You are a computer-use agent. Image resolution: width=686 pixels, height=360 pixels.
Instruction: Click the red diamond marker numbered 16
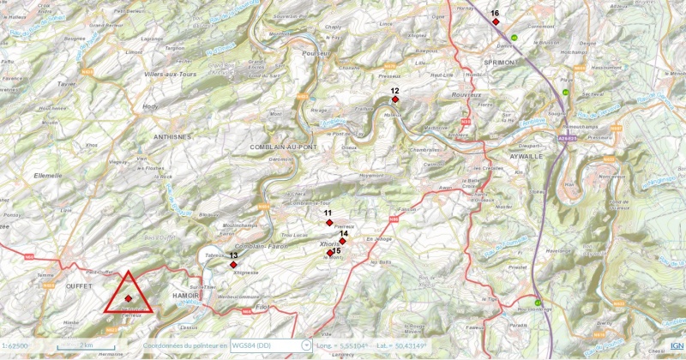pyautogui.click(x=496, y=21)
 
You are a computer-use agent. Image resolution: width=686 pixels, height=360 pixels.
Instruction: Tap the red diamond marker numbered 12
pyautogui.click(x=394, y=99)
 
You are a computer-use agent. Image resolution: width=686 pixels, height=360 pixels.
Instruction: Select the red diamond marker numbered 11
pyautogui.click(x=328, y=223)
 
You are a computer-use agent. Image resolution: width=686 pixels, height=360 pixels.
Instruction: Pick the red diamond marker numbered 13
pyautogui.click(x=233, y=265)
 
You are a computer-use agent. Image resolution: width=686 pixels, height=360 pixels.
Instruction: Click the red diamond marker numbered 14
pyautogui.click(x=343, y=242)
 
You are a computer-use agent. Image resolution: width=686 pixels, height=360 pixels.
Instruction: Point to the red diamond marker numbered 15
pyautogui.click(x=330, y=253)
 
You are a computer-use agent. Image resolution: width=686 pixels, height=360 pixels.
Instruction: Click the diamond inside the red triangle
pyautogui.click(x=129, y=298)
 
